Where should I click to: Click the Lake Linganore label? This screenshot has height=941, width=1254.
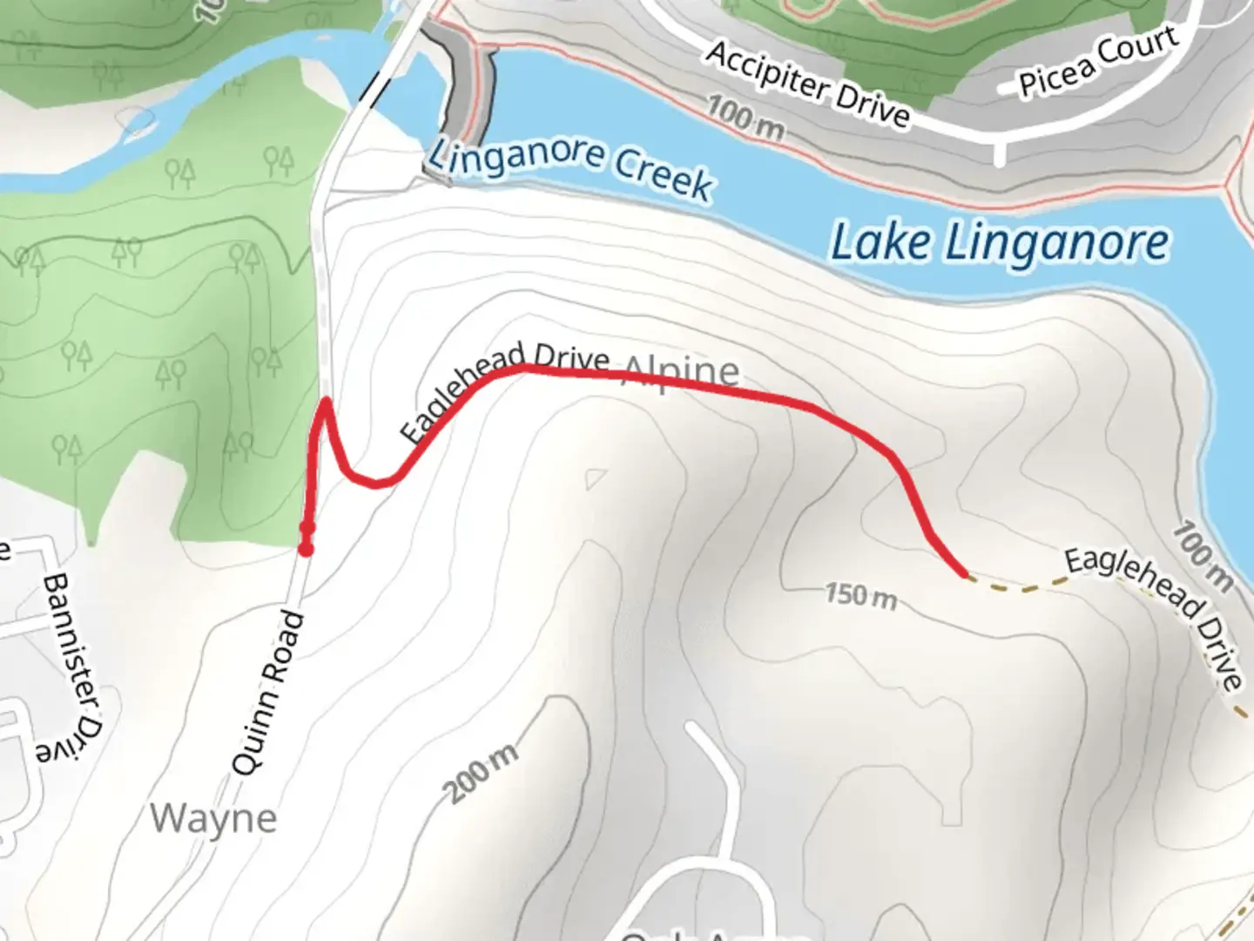pos(1000,243)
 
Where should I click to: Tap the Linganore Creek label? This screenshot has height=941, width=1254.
pos(571,168)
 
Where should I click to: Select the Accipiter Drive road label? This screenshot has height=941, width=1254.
pos(807,84)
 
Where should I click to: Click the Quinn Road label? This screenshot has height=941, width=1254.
pos(269,693)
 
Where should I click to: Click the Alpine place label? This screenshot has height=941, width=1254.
pos(681,372)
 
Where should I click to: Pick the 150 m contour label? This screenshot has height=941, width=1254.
pos(860,596)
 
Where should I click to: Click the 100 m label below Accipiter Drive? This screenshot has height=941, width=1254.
pos(745,119)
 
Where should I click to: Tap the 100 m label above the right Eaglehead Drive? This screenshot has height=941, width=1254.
pos(1203,556)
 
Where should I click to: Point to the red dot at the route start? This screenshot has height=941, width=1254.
pos(306,548)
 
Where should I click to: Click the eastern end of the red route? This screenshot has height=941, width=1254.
pos(965,573)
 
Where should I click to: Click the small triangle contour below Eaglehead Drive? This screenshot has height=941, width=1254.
pos(596,478)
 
